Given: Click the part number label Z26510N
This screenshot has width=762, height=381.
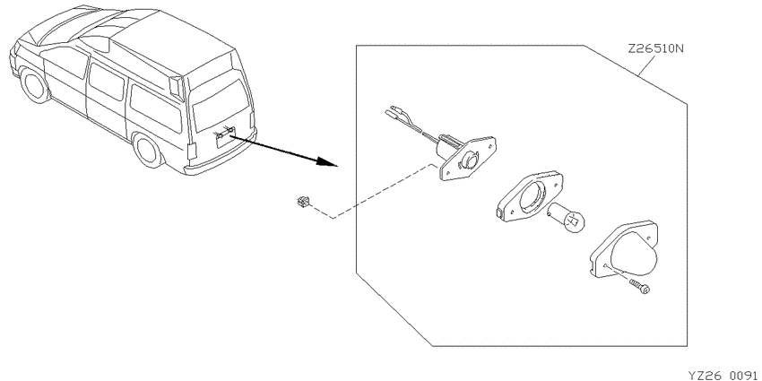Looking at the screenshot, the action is [655, 48].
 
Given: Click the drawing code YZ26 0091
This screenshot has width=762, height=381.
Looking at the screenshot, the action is [724, 375].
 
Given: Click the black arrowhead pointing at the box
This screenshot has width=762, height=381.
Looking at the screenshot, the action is [327, 162].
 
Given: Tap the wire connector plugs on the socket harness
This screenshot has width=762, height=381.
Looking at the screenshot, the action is [396, 113].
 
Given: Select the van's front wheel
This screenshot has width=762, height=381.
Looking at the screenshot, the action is [35, 85].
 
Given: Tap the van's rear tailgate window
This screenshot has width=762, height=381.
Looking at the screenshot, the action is [221, 105].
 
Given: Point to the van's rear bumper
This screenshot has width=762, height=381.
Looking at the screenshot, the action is [221, 160].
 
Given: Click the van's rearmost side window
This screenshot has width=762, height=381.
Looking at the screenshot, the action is [157, 108].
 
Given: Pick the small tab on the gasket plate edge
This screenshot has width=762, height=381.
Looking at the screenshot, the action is [499, 212].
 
